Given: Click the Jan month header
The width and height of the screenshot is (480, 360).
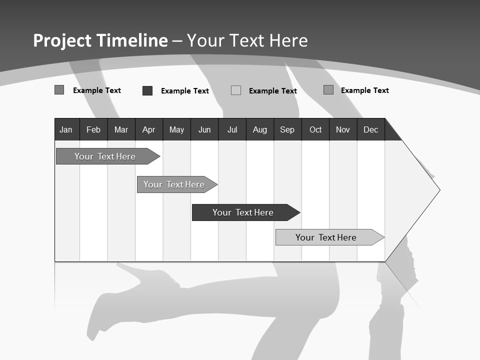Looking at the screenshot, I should [66, 130].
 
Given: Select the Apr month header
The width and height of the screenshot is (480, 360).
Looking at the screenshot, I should [148, 130].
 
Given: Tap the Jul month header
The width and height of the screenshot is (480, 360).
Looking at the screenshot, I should [232, 130].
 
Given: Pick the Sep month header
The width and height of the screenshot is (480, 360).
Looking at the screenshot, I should [287, 130].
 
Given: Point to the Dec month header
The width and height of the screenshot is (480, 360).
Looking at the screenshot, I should [370, 130].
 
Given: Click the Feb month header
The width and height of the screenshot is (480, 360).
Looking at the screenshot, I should [93, 130].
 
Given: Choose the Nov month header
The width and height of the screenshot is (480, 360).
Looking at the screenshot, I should [342, 130].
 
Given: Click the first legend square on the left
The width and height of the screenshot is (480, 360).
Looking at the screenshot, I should [59, 90].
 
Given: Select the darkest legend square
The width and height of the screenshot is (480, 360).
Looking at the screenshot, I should [147, 90].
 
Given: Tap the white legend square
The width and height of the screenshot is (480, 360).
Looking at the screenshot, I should [236, 90].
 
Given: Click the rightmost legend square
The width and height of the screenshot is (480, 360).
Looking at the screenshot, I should [328, 90].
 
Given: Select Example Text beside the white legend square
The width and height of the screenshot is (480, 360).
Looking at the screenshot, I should [272, 91].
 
